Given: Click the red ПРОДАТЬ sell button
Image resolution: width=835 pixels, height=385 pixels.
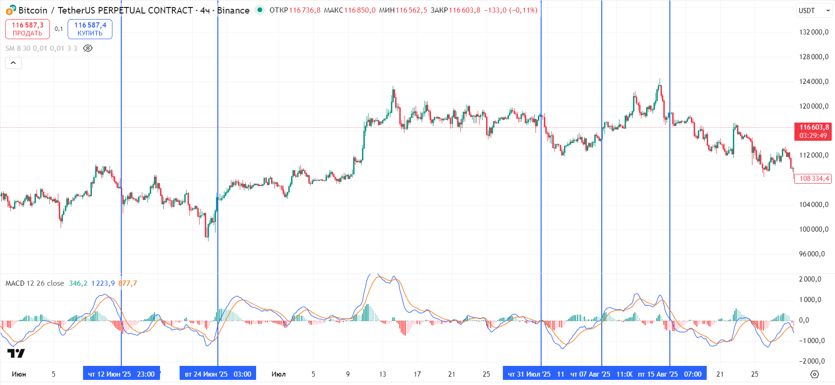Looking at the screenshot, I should point(28,29).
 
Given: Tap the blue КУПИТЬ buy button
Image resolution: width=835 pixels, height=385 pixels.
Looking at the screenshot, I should point(90,29).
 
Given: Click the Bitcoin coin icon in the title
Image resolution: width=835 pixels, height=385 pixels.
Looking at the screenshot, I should point(10,10).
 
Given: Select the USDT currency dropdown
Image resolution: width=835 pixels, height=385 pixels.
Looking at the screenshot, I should point(814,11).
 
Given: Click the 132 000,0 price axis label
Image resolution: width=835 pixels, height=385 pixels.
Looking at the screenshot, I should point(814,32).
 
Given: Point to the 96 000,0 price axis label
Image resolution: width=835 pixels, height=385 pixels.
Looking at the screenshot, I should point(814,254).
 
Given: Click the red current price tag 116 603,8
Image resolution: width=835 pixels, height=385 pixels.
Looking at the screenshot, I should point(813,131).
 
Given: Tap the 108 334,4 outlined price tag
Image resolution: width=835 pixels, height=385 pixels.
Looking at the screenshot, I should point(814,179).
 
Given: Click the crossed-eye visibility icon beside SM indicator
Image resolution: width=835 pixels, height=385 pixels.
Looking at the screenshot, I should point(88,48).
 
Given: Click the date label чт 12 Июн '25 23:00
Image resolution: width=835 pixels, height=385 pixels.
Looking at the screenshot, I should point(121,374).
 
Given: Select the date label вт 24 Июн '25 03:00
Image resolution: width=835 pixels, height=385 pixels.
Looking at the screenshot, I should point(218,374).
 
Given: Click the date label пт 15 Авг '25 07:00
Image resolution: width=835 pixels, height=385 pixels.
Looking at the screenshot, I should point(669,374).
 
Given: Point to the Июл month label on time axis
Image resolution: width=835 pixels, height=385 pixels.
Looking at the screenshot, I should point(278,374).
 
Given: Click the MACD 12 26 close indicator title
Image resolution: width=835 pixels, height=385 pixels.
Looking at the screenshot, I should point(35,283).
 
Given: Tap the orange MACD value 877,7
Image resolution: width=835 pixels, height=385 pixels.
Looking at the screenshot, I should point(127,283).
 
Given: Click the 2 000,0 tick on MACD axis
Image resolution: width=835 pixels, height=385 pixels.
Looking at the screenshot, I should point(810,279).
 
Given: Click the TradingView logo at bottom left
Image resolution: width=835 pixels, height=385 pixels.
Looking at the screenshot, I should point(16,353).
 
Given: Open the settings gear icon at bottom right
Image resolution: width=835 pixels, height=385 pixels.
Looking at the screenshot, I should point(814,374).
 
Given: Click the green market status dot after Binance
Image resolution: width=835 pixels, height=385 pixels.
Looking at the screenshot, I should point(260,10).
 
